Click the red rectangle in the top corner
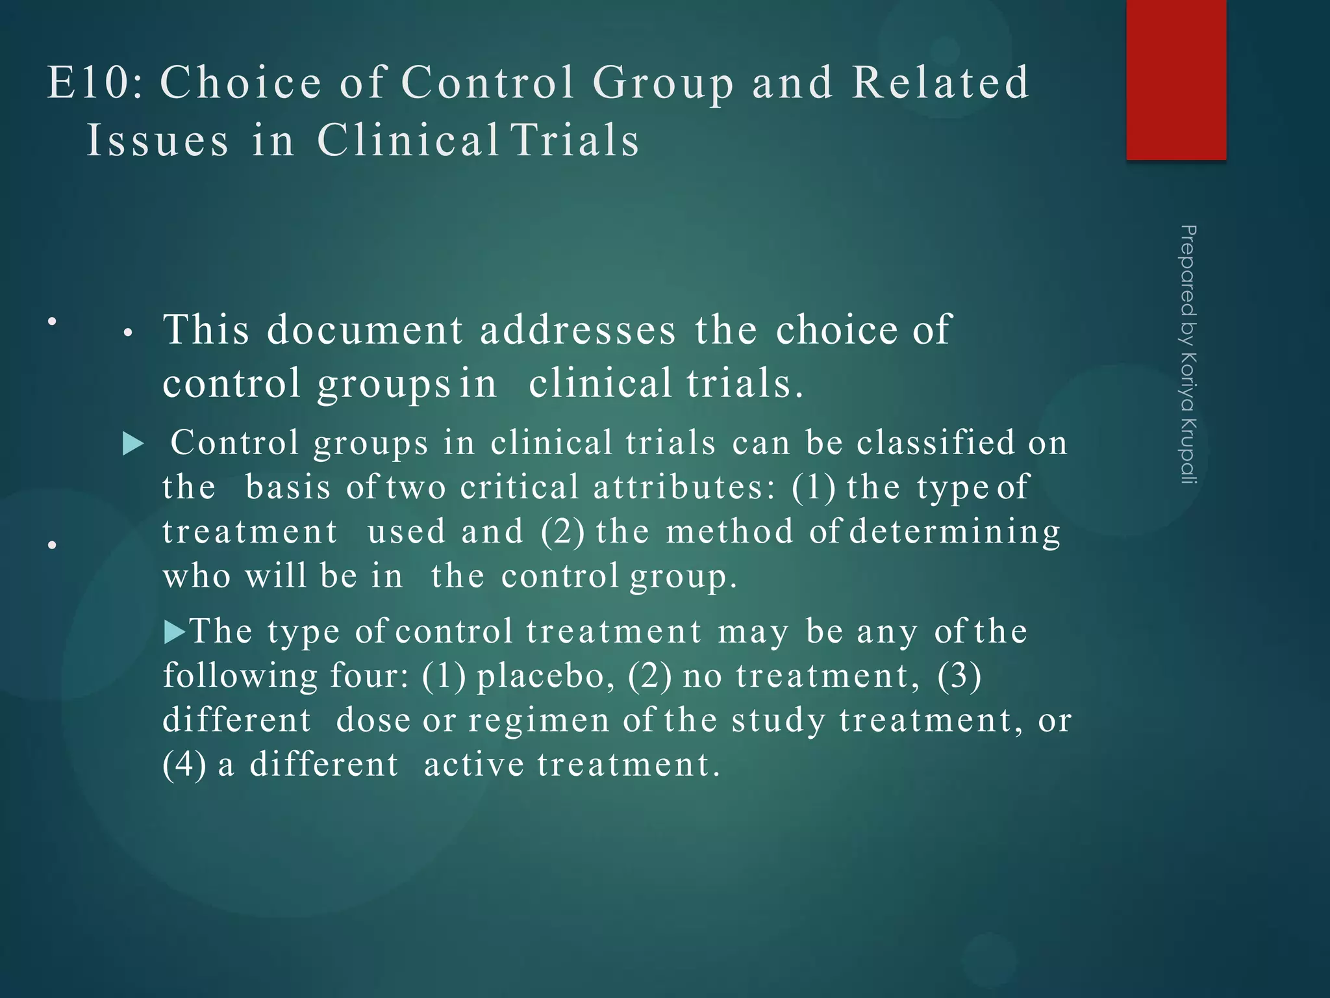1176,79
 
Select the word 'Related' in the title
940,83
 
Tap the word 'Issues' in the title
158,140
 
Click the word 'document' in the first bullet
365,329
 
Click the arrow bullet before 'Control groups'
133,444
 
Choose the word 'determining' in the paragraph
955,532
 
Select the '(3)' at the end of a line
959,676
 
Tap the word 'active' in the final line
473,764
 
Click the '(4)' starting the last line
184,764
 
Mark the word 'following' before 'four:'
240,676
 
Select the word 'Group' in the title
663,83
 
